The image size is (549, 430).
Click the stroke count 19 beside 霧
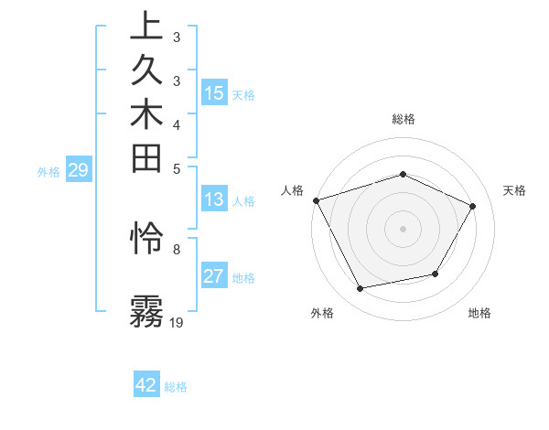click(x=177, y=322)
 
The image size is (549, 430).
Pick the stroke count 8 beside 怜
click(x=176, y=248)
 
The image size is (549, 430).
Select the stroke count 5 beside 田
click(x=176, y=168)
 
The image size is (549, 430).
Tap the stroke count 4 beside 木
click(x=176, y=124)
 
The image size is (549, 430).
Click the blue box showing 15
click(x=214, y=92)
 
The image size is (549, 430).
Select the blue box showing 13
click(x=214, y=199)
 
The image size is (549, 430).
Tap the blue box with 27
click(x=214, y=276)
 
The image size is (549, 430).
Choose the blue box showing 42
click(x=146, y=385)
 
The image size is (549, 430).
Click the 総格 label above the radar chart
click(x=404, y=119)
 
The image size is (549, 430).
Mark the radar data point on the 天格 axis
click(x=472, y=206)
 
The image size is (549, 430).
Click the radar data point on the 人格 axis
click(x=316, y=200)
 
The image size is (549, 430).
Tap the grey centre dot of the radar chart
click(x=403, y=228)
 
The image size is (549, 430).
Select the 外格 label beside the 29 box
click(x=48, y=170)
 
